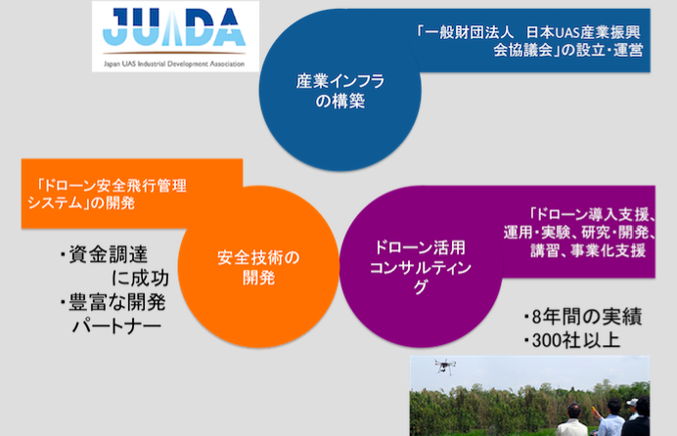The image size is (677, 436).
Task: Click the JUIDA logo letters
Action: coord(174,26)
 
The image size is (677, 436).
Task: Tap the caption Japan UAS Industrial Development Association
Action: coord(174,65)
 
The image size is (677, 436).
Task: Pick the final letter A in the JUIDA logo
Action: coord(227,26)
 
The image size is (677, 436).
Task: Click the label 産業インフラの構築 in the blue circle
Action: coord(340,91)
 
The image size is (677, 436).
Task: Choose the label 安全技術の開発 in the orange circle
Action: coord(258,268)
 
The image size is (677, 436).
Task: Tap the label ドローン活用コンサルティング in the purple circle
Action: coord(420,267)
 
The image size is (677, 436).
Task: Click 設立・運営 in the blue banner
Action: coord(609,50)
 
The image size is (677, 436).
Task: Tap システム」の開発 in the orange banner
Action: coord(81,202)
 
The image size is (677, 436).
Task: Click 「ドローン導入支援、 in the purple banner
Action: coord(592,214)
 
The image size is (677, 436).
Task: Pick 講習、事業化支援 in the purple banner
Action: coord(588,250)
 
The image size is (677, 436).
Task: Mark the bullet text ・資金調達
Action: coord(104,254)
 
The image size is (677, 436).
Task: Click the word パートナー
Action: coord(116,327)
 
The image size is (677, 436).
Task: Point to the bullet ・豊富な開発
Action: coord(113,302)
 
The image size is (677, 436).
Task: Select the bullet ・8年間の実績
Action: coord(583,317)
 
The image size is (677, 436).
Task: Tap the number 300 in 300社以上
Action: coord(547,341)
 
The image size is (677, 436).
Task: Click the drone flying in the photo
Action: coord(445,367)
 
